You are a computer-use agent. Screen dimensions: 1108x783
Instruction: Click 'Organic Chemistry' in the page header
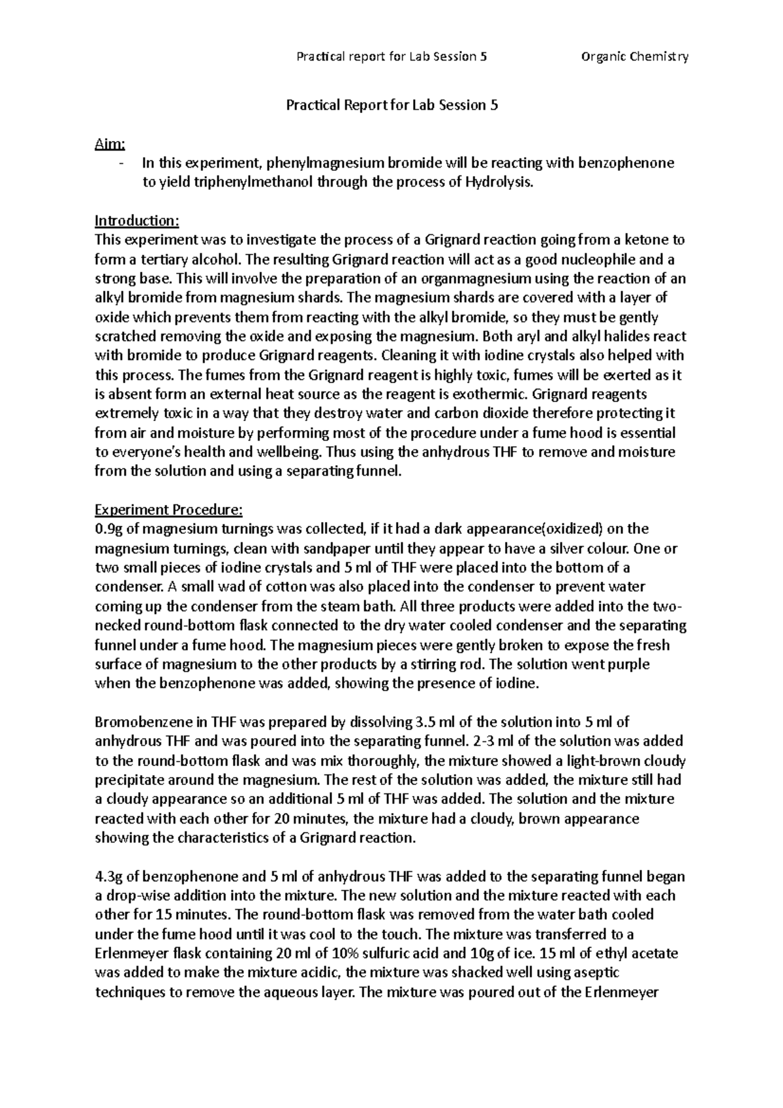tap(634, 57)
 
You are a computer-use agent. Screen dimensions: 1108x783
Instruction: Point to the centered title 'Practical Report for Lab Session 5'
tap(391, 105)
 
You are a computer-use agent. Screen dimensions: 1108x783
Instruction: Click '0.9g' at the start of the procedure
tap(108, 529)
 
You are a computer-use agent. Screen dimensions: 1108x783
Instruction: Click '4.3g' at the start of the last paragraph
tap(108, 876)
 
